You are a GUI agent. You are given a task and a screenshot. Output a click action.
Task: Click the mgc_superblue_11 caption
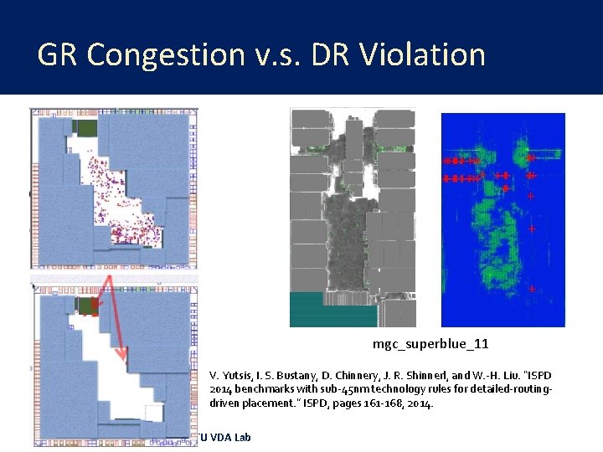point(430,344)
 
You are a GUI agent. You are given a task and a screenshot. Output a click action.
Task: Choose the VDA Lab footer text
point(225,437)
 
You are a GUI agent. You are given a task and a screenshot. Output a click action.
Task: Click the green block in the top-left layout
point(85,127)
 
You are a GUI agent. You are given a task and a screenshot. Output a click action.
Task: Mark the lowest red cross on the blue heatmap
point(531,288)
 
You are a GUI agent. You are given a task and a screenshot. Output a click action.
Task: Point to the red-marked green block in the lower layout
point(86,306)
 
